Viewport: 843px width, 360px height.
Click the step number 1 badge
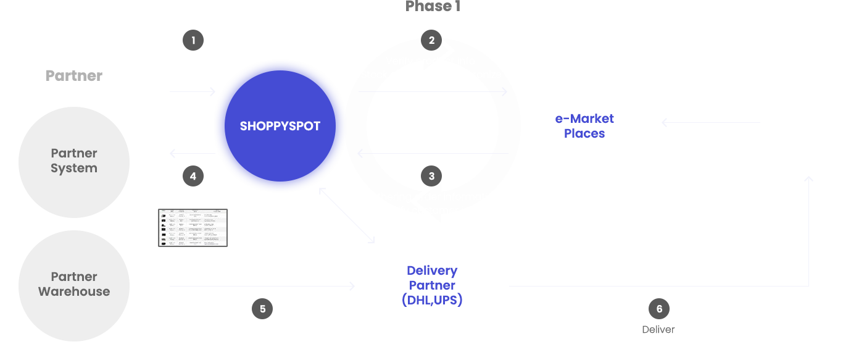[193, 40]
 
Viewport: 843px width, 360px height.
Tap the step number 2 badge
[431, 40]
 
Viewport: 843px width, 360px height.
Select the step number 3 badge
[431, 176]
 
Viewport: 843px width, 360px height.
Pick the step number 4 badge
[193, 176]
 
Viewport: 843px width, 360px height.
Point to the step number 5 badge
[262, 309]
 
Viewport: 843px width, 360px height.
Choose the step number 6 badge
[659, 309]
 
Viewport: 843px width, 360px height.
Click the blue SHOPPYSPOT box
[280, 126]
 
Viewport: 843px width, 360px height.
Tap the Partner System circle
[74, 161]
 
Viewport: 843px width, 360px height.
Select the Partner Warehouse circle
[74, 285]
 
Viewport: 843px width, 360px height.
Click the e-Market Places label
[584, 126]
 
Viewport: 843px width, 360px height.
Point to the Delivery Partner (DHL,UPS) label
[432, 285]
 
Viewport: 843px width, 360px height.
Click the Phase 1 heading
[433, 6]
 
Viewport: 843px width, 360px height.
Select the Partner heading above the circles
[74, 76]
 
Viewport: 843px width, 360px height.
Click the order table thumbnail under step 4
[193, 227]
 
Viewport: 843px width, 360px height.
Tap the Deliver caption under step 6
[658, 330]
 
